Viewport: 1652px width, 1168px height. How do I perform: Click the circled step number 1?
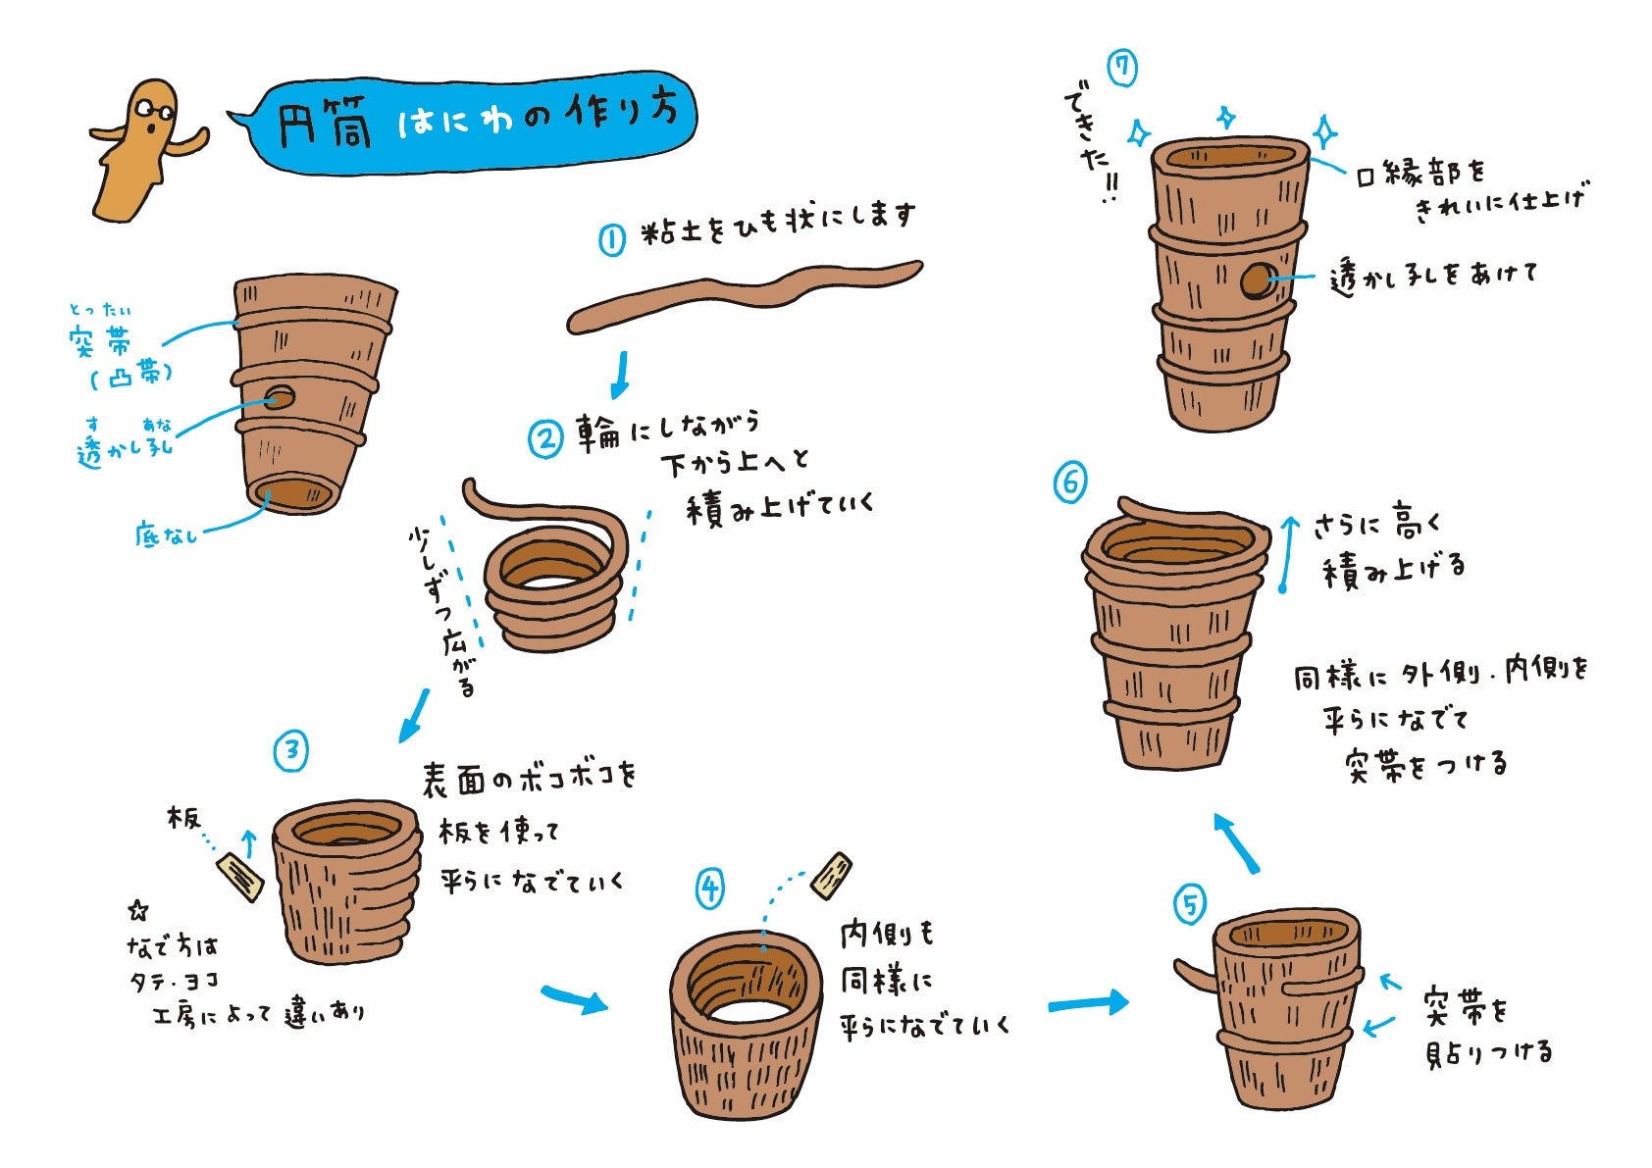[611, 239]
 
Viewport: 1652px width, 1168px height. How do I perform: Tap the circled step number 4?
[710, 889]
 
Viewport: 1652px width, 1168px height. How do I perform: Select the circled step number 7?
[1122, 69]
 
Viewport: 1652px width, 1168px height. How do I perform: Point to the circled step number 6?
[1071, 482]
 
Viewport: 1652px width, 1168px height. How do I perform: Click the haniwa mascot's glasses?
[155, 112]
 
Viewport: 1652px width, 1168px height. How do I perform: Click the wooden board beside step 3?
[239, 877]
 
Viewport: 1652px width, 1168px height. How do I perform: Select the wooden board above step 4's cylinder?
[831, 876]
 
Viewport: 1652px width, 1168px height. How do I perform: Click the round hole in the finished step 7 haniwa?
[1256, 280]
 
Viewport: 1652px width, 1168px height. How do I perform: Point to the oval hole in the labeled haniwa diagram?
[279, 398]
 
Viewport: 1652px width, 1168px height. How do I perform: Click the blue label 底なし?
[167, 533]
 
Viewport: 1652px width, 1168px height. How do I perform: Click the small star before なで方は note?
[138, 910]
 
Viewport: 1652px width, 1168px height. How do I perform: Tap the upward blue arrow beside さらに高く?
[1287, 553]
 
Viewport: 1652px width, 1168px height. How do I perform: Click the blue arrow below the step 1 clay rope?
[620, 375]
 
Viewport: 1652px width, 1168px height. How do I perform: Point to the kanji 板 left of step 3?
[182, 817]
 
